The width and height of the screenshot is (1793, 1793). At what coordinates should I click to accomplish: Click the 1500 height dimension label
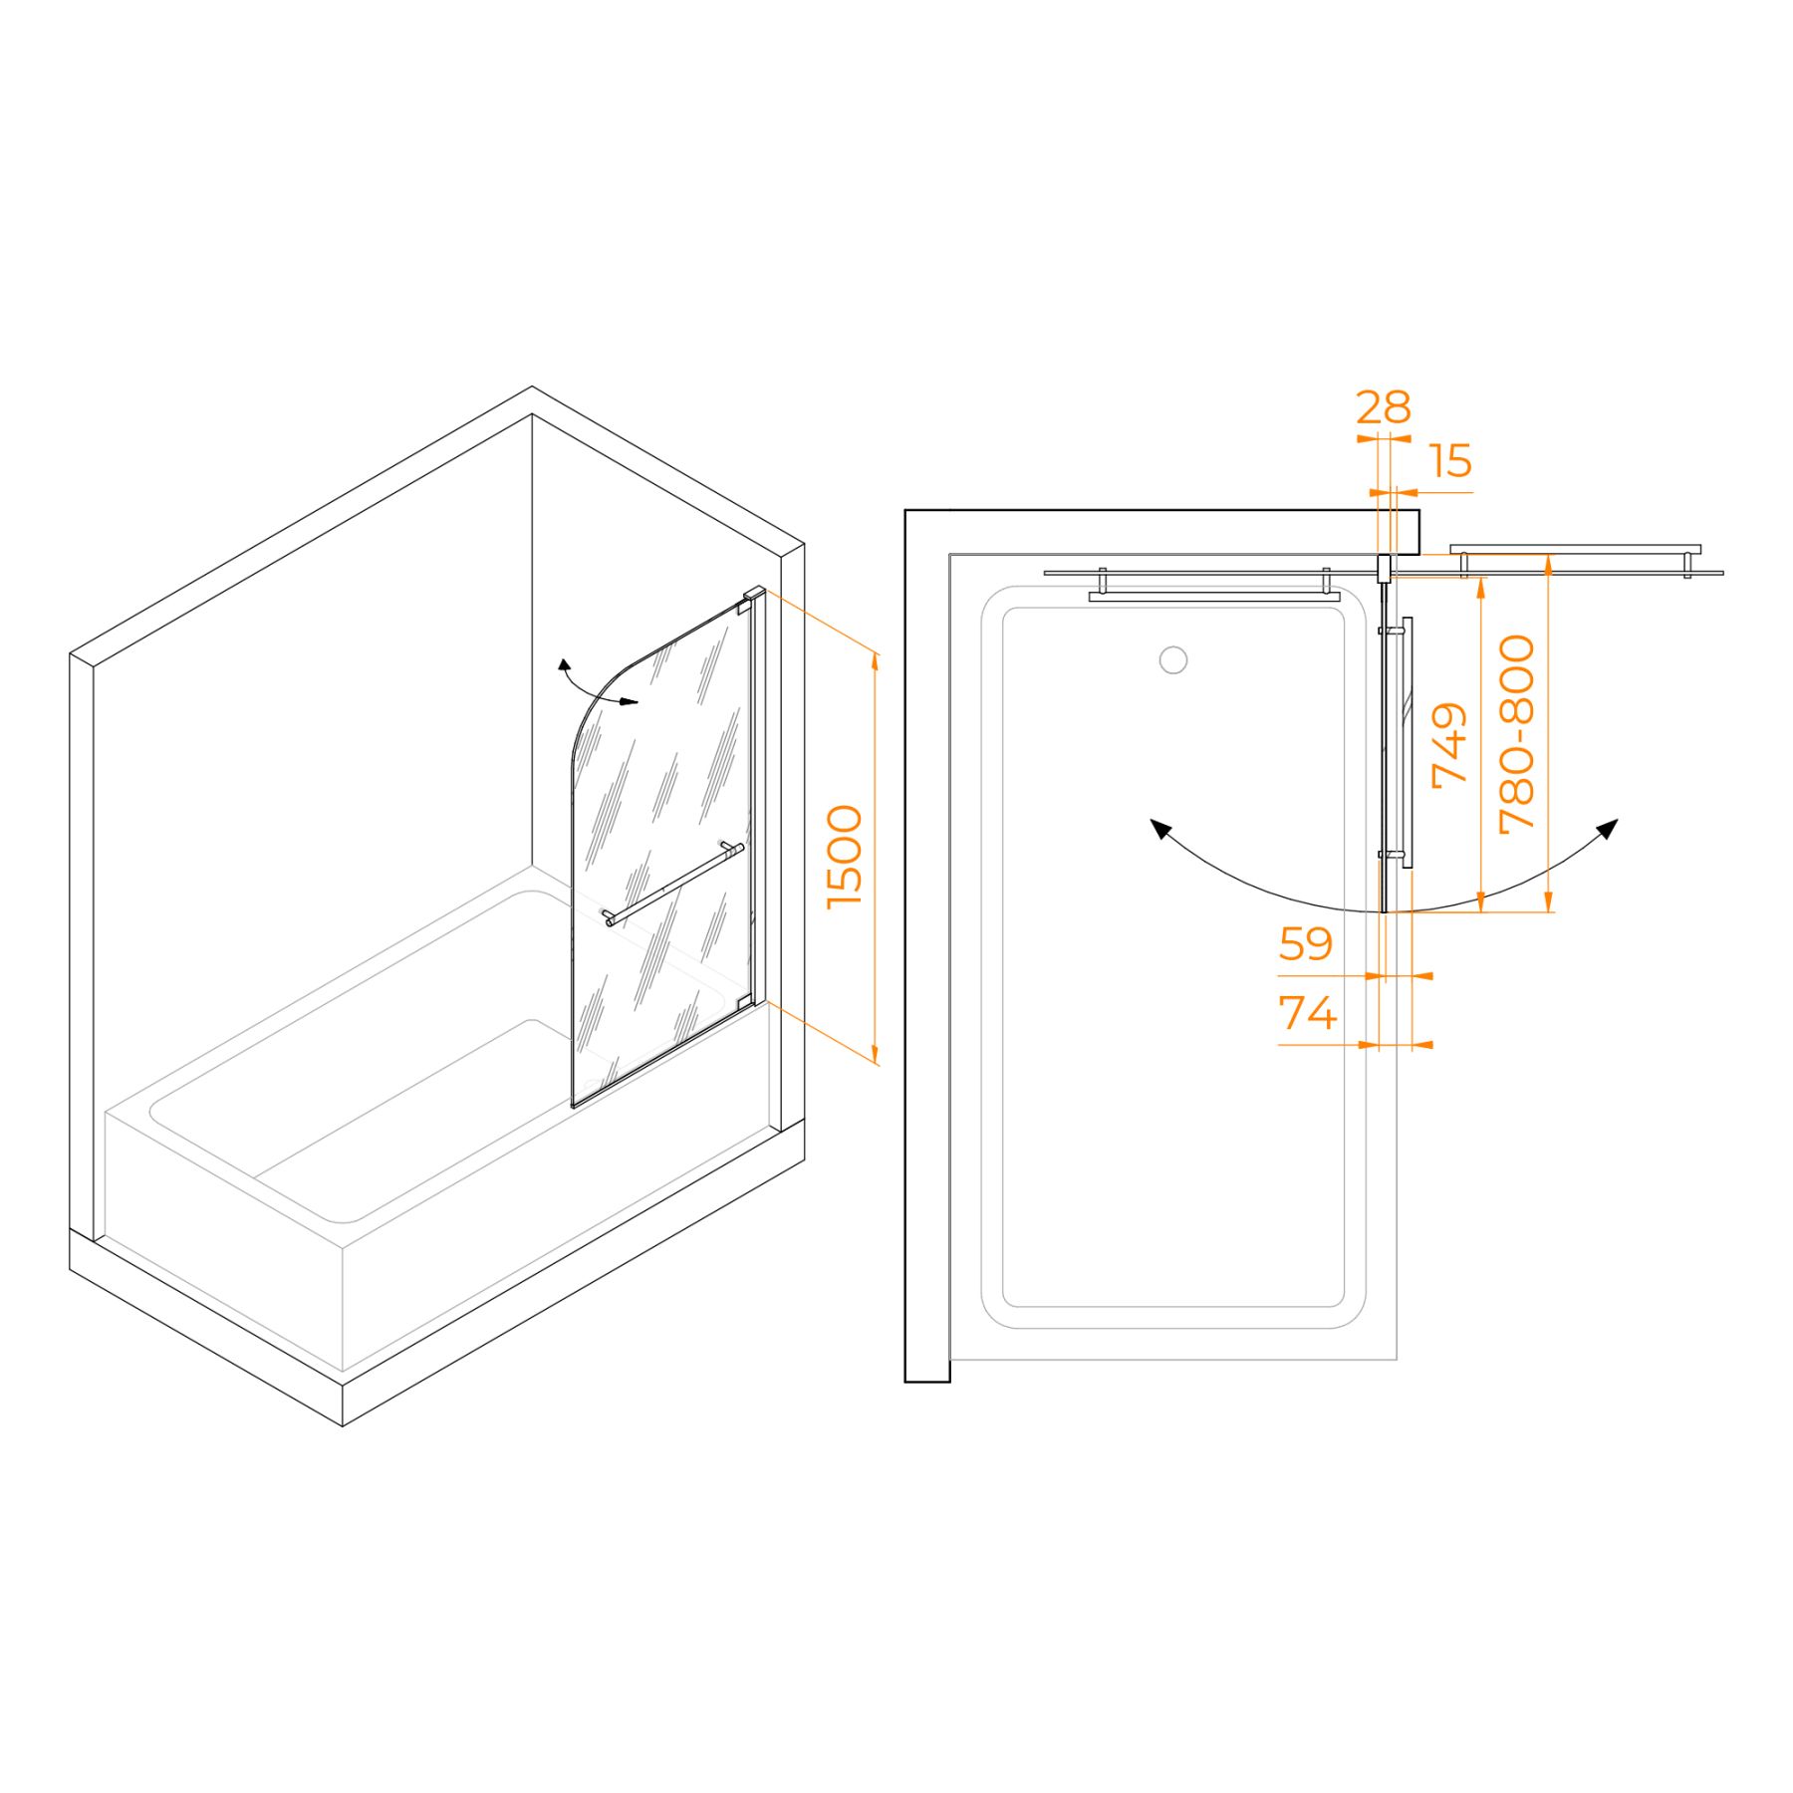pos(845,857)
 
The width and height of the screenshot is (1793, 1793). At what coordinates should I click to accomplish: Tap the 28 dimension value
pos(1384,407)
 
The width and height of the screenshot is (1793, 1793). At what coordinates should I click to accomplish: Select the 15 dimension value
pos(1450,461)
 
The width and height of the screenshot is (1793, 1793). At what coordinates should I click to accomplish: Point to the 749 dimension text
pos(1449,745)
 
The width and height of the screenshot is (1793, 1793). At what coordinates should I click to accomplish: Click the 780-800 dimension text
pos(1518,734)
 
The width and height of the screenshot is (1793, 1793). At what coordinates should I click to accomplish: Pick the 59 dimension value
pos(1305,943)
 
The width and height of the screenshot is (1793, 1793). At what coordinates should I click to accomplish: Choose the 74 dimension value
pos(1307,1013)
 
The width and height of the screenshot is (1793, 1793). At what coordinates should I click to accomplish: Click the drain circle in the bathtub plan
pos(1173,659)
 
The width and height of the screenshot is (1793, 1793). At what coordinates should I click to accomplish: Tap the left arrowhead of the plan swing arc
pos(1159,828)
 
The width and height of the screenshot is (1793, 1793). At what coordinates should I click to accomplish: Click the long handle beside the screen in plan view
pos(1407,742)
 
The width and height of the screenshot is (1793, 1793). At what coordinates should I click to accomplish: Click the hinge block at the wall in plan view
pos(1384,570)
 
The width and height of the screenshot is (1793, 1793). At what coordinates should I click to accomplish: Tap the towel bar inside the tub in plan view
pos(1213,596)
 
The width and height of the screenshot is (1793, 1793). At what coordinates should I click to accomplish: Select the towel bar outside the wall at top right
pos(1575,550)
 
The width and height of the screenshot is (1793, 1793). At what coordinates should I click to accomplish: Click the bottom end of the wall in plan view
pos(926,1380)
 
